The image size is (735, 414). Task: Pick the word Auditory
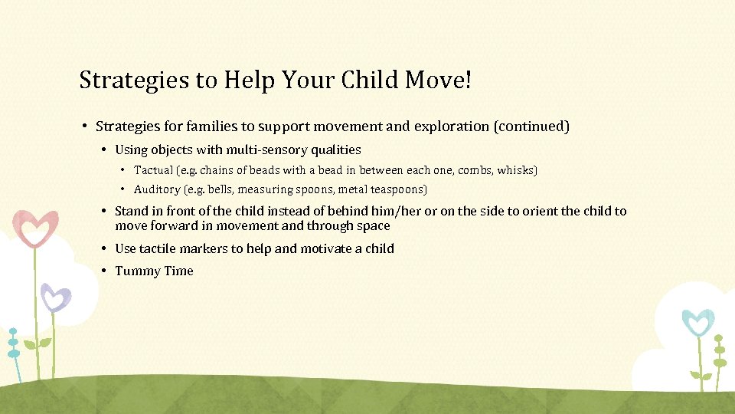tap(158, 189)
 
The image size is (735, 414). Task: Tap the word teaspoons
tap(396, 189)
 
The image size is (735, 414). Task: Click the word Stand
tap(131, 211)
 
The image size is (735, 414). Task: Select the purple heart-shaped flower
tap(55, 297)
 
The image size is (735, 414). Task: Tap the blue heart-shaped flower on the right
tap(697, 322)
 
